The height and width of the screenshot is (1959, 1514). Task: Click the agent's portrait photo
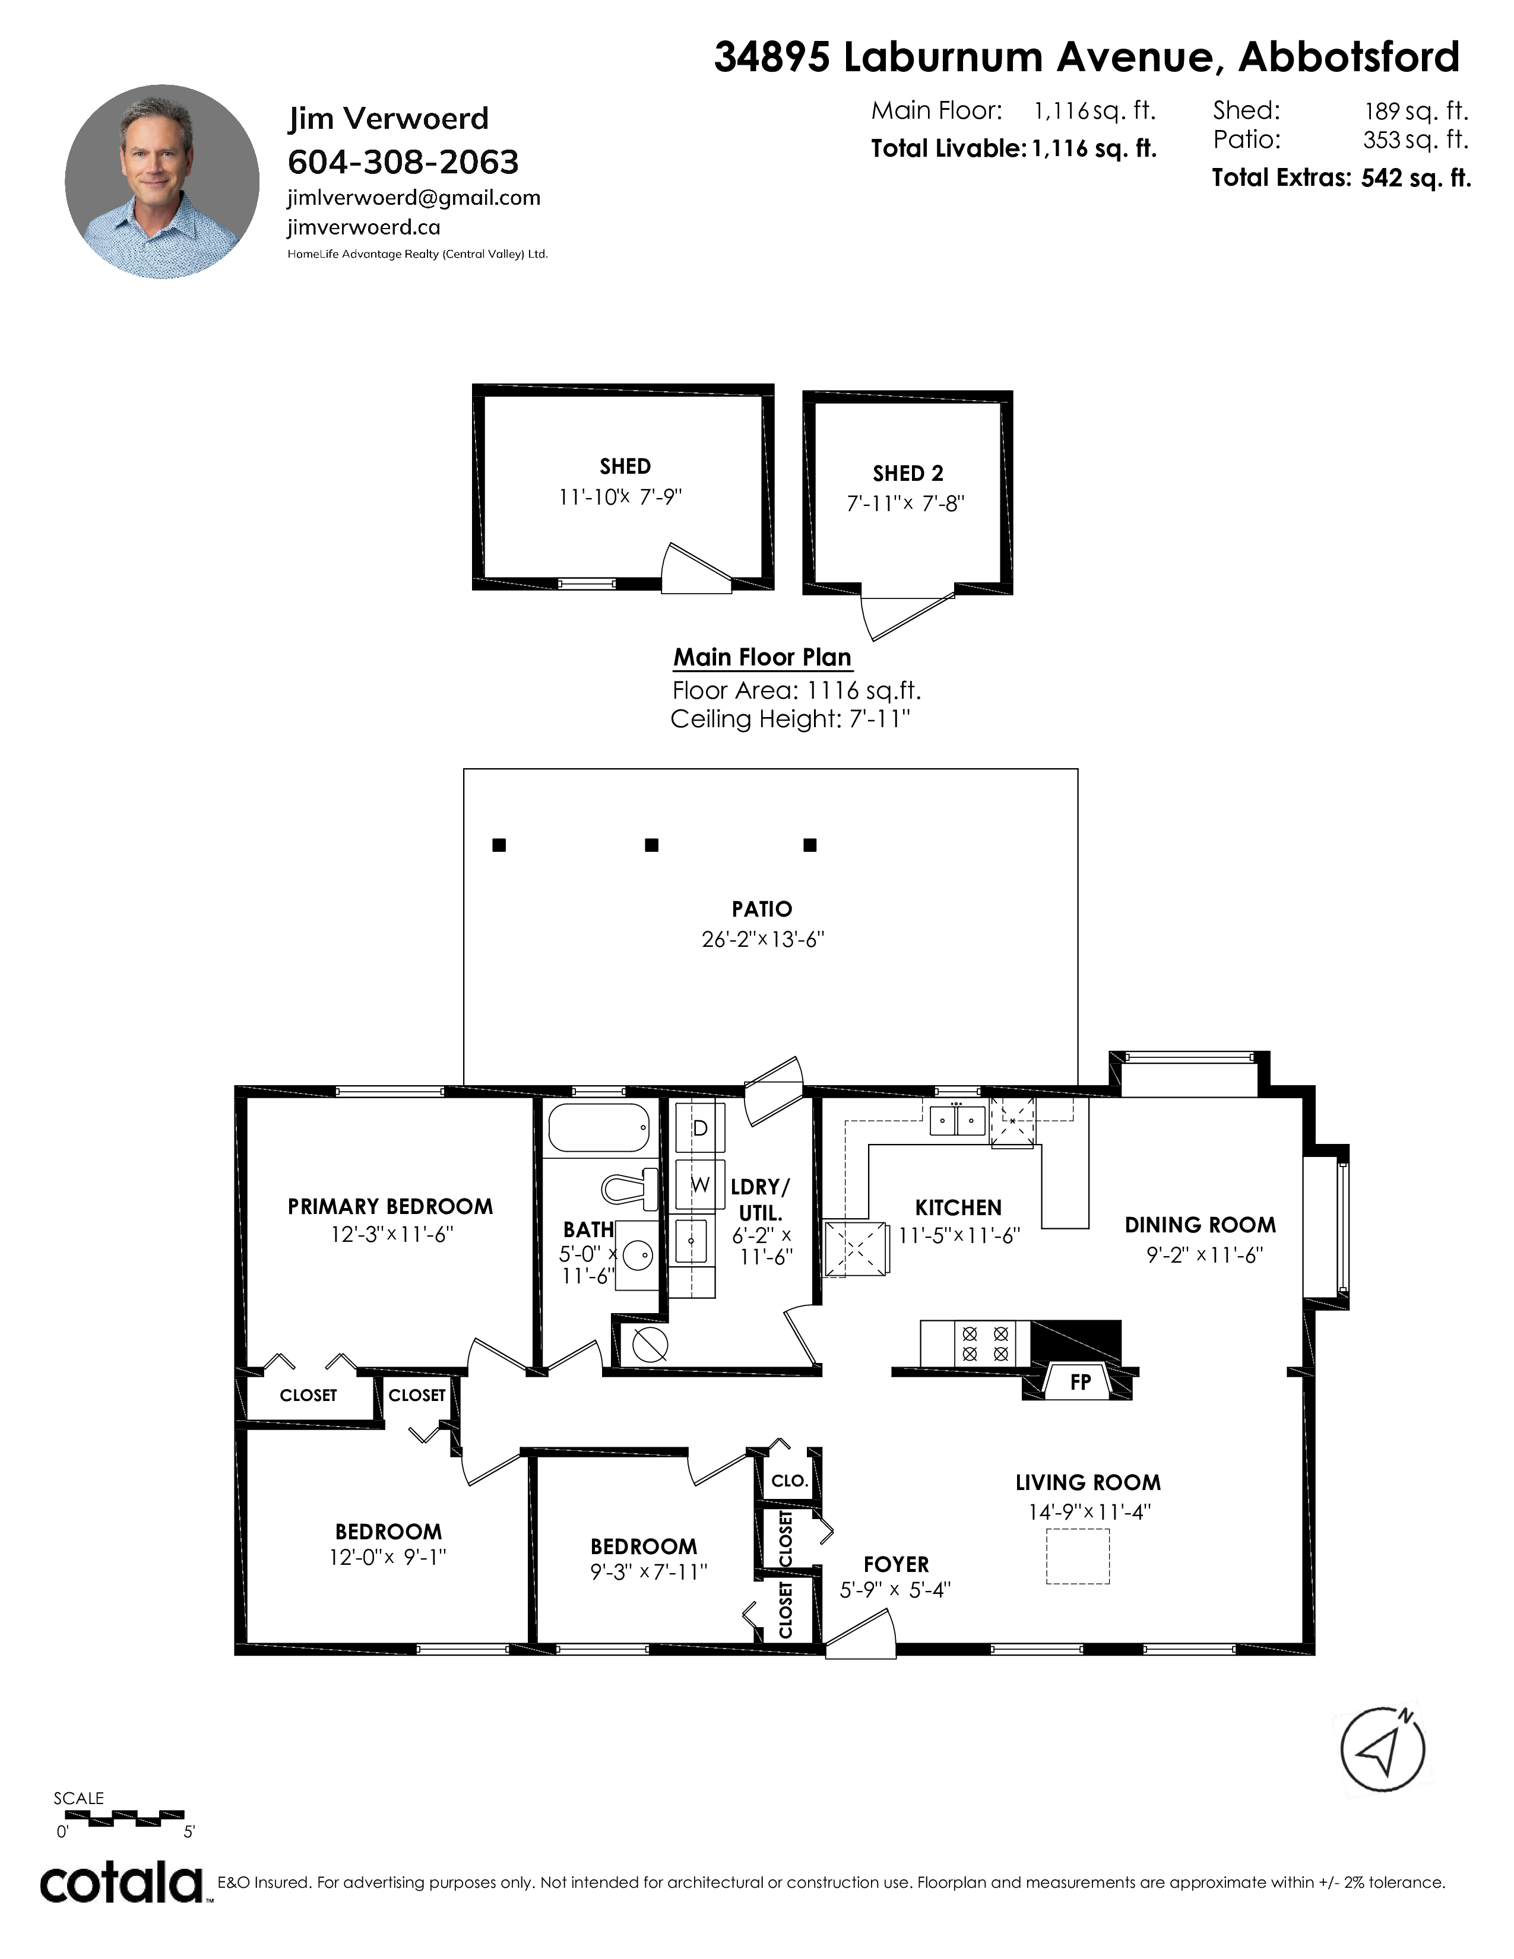[162, 182]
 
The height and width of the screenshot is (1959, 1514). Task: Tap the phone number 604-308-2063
[403, 162]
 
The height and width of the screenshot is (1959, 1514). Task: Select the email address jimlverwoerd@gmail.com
[413, 198]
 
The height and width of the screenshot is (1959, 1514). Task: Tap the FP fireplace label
[1080, 1382]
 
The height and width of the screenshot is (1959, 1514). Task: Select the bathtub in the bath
[599, 1127]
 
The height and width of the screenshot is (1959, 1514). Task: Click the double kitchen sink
[957, 1120]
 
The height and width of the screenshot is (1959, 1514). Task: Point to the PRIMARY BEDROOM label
[390, 1206]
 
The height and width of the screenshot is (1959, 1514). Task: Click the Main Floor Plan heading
[762, 658]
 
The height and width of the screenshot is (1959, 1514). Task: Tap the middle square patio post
[652, 845]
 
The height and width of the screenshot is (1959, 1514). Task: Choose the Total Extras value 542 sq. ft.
[1416, 177]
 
